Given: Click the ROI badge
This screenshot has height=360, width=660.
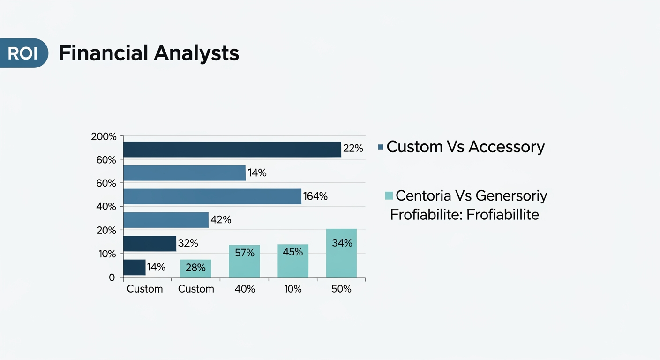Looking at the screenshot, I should coord(22,53).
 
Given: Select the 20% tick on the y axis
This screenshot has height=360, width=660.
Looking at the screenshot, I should coord(106,230).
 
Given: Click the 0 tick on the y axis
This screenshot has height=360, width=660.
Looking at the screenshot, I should coord(112,277).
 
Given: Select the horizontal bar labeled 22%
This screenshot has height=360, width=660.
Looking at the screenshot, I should coord(232,149).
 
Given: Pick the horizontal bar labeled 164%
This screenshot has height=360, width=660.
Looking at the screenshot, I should coord(212,196).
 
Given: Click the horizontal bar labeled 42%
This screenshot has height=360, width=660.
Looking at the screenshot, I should coord(165,220).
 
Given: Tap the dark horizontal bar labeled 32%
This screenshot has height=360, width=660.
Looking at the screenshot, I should coord(150,244).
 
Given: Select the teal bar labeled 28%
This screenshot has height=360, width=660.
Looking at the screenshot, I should coord(195,268).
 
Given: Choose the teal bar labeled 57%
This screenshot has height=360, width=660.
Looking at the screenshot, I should coord(244,261).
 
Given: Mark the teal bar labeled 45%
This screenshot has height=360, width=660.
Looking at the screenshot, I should coord(293,261).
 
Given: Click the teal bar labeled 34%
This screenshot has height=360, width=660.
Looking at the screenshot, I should coord(341,253).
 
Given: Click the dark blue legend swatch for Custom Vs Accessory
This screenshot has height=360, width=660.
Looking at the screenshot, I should coord(381,147).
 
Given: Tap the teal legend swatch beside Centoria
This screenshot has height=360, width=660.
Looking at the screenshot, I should coord(389,195).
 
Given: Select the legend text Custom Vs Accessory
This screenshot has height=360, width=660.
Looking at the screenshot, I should coord(465,147).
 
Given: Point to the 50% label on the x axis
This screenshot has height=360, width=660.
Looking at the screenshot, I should coord(341,289).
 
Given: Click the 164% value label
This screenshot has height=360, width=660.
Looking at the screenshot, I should coord(315,196).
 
